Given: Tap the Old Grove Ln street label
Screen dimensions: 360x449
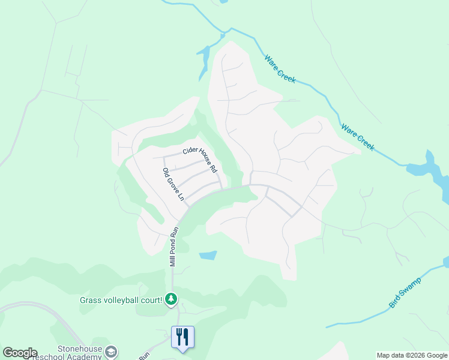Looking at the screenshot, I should click(x=172, y=185).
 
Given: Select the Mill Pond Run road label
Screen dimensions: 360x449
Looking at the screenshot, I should click(x=174, y=247).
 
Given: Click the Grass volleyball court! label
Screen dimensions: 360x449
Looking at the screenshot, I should click(x=121, y=299).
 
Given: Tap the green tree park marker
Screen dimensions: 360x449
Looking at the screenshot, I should click(x=172, y=299).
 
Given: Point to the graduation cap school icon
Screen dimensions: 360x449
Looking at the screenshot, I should click(x=110, y=351).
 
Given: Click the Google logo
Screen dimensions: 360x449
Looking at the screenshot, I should click(x=20, y=353).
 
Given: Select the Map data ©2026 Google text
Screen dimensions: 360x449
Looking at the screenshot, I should click(x=412, y=355).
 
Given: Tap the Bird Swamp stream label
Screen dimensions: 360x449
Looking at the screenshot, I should click(x=405, y=293).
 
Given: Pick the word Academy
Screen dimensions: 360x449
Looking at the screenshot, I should click(x=84, y=356).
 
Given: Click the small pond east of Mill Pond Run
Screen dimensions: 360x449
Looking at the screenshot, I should click(x=208, y=255).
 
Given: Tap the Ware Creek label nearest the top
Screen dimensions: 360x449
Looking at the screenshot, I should click(x=280, y=69).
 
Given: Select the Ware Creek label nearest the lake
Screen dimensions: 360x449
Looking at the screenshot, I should click(x=357, y=137).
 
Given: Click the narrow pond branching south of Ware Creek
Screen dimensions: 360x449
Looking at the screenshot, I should click(x=204, y=61).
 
